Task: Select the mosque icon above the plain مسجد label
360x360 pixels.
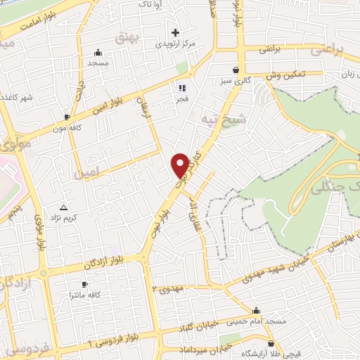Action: point(97,52)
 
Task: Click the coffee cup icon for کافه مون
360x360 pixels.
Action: point(67,117)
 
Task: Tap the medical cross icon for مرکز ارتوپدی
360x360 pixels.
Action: point(175,32)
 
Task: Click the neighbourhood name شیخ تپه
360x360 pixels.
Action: point(219,117)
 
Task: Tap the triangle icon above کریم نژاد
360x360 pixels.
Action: point(64,207)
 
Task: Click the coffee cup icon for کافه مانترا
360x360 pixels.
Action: point(85,284)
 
